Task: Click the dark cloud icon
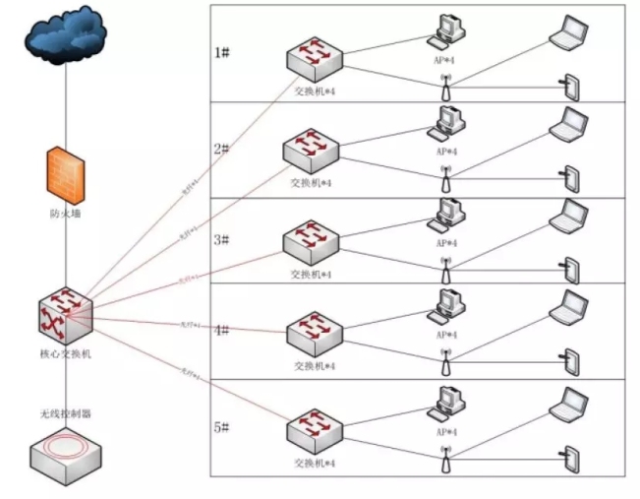point(67,37)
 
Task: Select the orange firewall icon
point(65,172)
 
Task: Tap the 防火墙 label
point(65,213)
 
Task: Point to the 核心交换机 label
point(65,351)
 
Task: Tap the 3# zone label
point(223,239)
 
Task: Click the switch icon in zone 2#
point(312,151)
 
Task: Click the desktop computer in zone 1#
point(447,30)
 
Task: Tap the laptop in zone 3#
point(568,217)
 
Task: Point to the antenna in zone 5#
point(445,458)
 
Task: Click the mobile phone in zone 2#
point(568,177)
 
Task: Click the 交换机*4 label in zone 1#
point(315,91)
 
